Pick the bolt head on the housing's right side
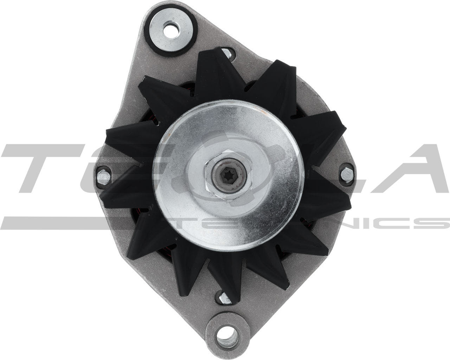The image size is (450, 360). coord(346,174)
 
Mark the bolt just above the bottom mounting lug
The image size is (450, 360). coord(224,297)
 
